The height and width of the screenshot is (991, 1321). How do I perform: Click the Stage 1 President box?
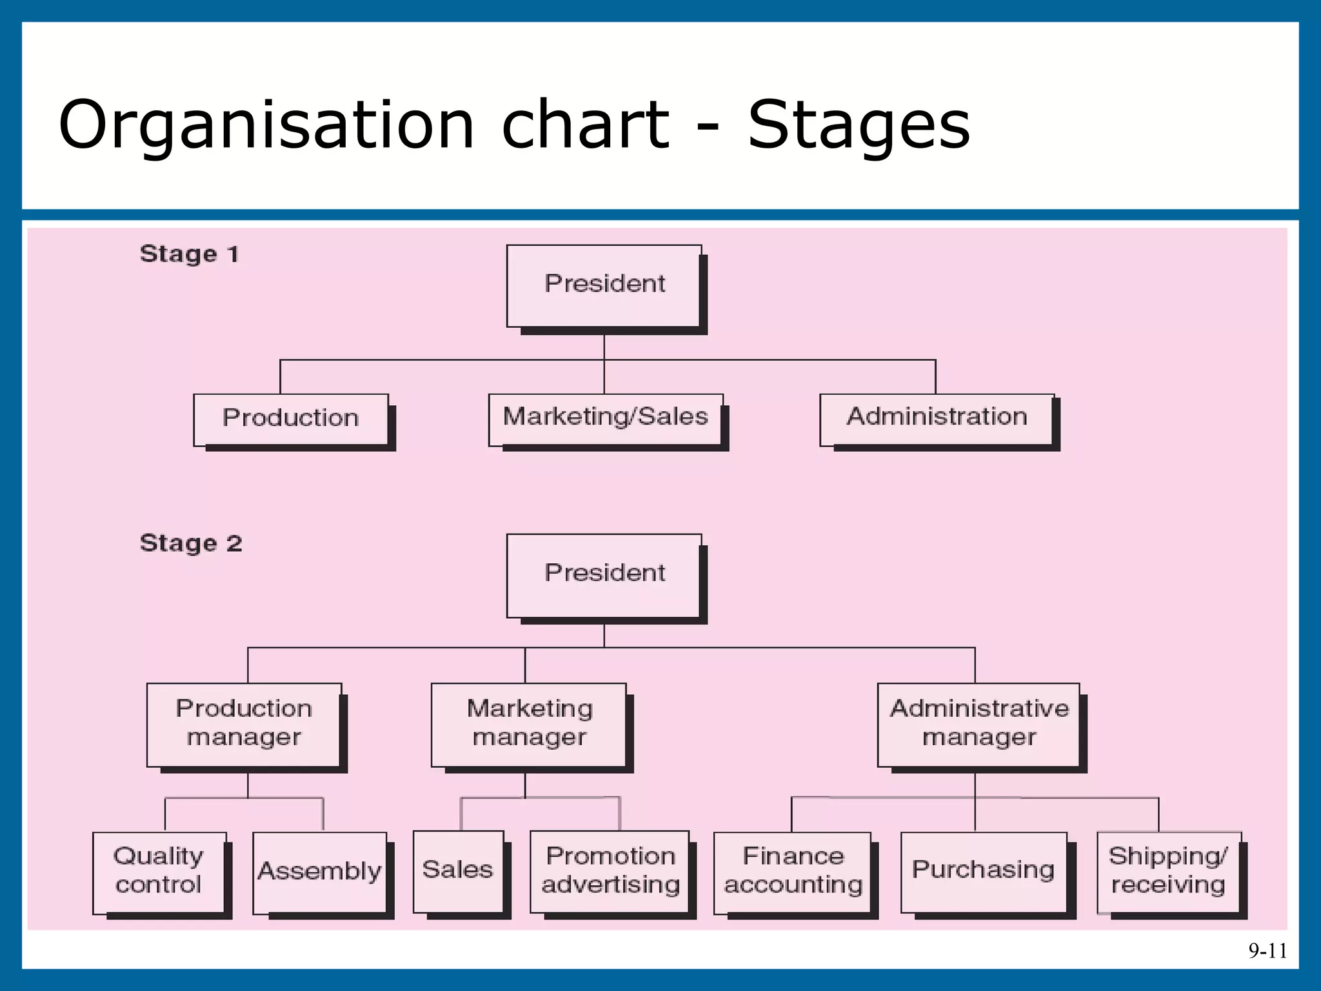point(604,285)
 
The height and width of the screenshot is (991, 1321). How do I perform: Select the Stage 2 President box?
point(604,574)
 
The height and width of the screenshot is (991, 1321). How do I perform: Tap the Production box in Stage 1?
point(291,419)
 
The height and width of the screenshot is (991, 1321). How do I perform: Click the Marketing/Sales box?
point(605,419)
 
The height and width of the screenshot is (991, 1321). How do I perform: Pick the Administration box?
point(937,419)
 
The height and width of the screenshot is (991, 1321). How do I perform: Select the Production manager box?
point(244,724)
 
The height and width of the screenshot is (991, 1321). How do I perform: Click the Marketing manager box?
point(529,724)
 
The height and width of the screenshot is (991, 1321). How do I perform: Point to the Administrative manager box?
point(978,724)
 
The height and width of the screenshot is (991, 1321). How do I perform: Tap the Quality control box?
point(159,871)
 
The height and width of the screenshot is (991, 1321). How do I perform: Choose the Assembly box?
point(320,872)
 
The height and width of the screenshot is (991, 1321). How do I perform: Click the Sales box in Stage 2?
point(458,870)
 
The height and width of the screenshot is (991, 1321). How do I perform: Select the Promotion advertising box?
point(610,871)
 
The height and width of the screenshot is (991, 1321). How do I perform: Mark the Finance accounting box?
point(793,871)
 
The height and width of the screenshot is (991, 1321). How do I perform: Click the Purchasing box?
point(983,871)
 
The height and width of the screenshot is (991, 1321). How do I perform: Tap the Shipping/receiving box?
point(1168,871)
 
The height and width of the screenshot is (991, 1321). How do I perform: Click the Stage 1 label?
point(190,254)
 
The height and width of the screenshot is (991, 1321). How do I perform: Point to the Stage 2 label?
point(191,543)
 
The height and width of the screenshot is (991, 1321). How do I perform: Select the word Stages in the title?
point(858,125)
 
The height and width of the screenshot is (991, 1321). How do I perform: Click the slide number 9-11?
point(1267,950)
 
